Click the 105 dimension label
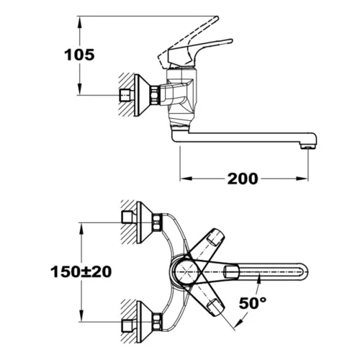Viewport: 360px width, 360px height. point(79,55)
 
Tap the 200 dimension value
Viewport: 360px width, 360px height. point(243,179)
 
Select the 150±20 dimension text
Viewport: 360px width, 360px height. point(81,272)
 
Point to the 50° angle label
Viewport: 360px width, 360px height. point(253,303)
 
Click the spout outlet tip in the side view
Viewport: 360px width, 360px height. point(308,146)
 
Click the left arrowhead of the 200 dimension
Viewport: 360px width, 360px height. point(186,179)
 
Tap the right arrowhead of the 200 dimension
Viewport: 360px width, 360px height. point(302,179)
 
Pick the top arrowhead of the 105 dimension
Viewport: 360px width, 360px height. point(80,22)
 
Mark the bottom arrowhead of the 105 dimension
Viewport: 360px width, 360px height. point(80,89)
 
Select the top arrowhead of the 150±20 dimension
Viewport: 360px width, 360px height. point(81,228)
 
